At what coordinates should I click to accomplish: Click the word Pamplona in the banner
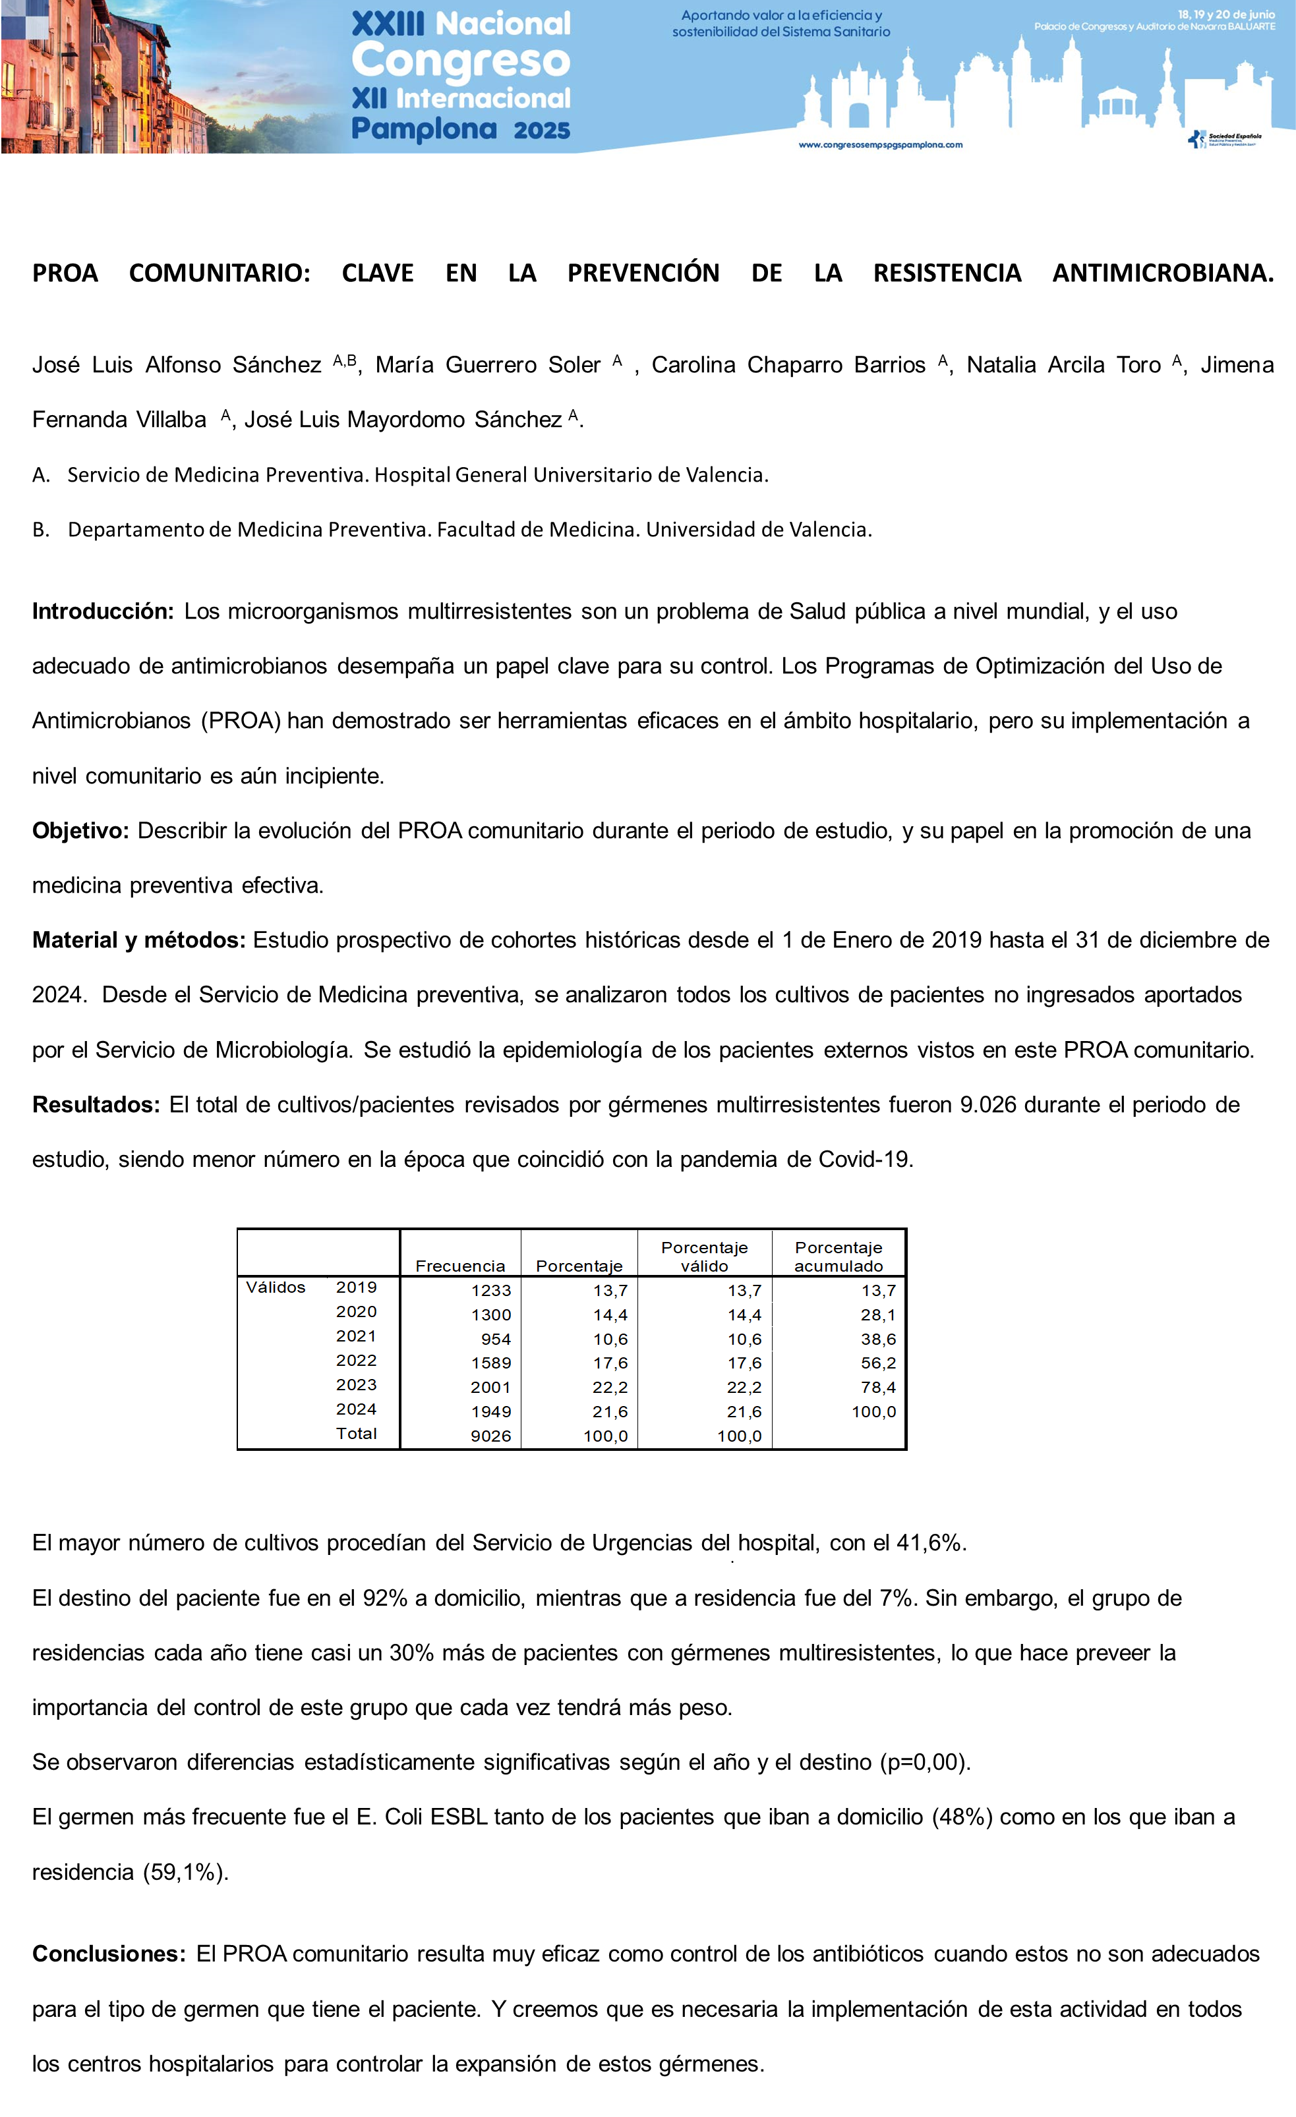pyautogui.click(x=424, y=129)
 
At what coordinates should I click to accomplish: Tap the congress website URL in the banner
pyautogui.click(x=880, y=145)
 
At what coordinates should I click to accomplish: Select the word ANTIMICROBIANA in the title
pyautogui.click(x=1162, y=273)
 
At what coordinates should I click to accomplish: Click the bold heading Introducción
pyautogui.click(x=103, y=611)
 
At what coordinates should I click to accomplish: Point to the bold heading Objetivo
pyautogui.click(x=80, y=831)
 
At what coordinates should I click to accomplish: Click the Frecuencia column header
pyautogui.click(x=459, y=1266)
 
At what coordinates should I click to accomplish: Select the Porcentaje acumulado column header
pyautogui.click(x=838, y=1256)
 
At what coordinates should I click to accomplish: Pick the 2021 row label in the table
pyautogui.click(x=356, y=1336)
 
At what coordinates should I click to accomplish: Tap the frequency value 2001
pyautogui.click(x=490, y=1388)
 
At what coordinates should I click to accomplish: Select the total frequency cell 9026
pyautogui.click(x=490, y=1436)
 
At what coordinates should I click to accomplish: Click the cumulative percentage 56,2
pyautogui.click(x=877, y=1363)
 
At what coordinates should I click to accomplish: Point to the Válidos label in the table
pyautogui.click(x=275, y=1287)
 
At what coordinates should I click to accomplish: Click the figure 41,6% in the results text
pyautogui.click(x=930, y=1543)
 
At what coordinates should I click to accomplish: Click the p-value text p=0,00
pyautogui.click(x=925, y=1762)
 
